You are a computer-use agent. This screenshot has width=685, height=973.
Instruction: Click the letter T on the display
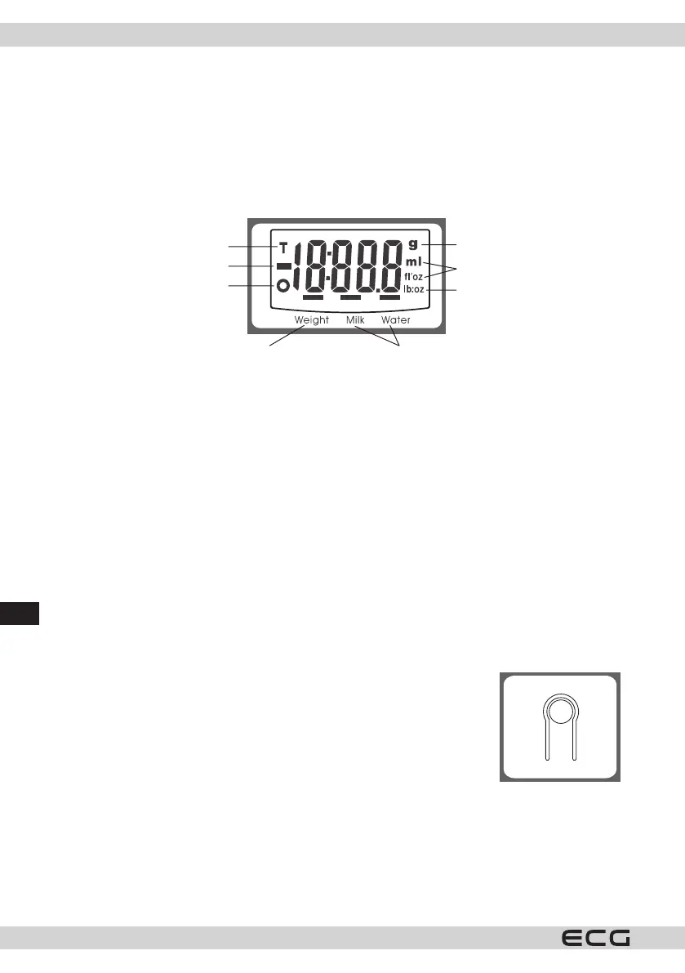pos(283,246)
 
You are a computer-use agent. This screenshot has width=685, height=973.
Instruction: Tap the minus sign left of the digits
pos(283,266)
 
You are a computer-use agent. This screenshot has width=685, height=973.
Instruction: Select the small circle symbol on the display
pos(283,286)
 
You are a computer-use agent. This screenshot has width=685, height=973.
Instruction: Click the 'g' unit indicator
pos(412,243)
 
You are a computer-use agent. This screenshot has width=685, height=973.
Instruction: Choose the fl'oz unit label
pos(412,276)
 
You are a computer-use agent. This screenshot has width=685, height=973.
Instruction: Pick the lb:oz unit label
pos(412,290)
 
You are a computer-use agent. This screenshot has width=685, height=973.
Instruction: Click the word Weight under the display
pos(312,320)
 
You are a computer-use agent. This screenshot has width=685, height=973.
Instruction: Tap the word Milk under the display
pos(355,320)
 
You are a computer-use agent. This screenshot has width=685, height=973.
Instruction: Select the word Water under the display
pos(396,320)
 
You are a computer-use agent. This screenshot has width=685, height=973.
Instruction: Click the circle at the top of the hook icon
pos(560,713)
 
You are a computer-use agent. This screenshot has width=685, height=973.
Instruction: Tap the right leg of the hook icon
pos(576,739)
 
